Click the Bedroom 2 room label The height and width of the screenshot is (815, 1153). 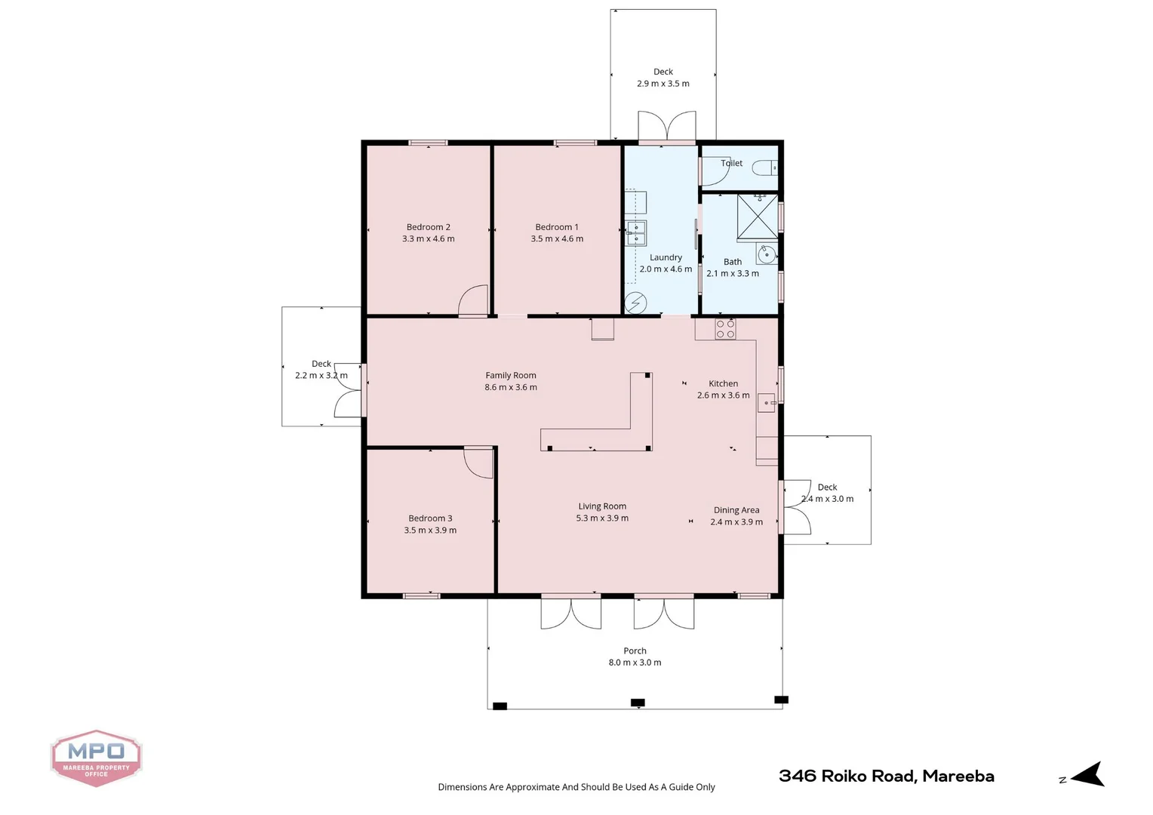pos(428,227)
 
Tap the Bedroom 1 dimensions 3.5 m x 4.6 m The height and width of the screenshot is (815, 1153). pos(557,239)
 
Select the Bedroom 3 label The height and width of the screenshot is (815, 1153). pos(430,518)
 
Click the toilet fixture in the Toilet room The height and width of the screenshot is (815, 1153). pos(765,168)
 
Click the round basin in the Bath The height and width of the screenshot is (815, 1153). pos(767,254)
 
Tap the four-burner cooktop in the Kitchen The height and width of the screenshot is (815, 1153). pos(725,329)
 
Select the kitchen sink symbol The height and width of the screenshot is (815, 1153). pos(766,403)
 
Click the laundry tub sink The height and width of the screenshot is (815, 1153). pos(636,234)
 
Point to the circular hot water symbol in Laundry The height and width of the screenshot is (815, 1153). pos(635,303)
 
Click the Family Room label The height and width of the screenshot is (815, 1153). pos(511,376)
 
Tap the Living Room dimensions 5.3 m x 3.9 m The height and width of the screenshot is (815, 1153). pos(602,518)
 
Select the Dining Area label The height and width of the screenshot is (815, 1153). pos(736,510)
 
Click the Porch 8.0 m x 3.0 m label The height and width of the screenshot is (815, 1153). pos(635,657)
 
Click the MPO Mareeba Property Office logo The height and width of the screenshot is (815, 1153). pos(96,758)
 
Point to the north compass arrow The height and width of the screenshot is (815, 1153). pos(1087,775)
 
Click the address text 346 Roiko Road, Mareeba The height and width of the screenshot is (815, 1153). pos(886,776)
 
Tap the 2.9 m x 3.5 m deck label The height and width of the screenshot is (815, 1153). pos(663,84)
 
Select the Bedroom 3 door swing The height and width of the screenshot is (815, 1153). pos(477,462)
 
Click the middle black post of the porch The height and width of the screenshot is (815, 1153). pos(638,703)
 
